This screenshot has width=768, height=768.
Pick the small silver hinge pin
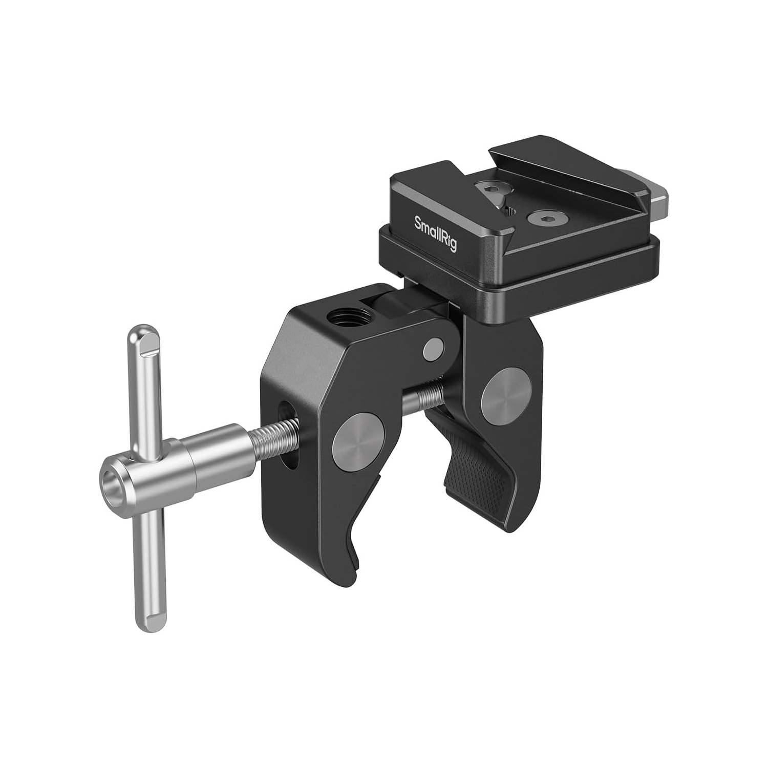[433, 348]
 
